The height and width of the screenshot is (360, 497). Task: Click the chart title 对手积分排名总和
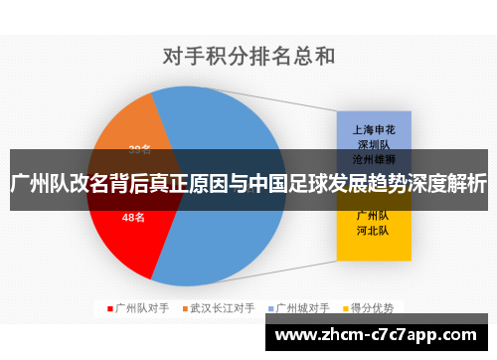[248, 55]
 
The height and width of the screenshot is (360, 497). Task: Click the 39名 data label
[140, 150]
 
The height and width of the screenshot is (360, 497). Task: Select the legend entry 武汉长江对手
[222, 308]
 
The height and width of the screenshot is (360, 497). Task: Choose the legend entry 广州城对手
[301, 308]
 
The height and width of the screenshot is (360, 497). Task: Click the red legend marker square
[110, 308]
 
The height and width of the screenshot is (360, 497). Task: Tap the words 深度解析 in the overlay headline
[451, 183]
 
